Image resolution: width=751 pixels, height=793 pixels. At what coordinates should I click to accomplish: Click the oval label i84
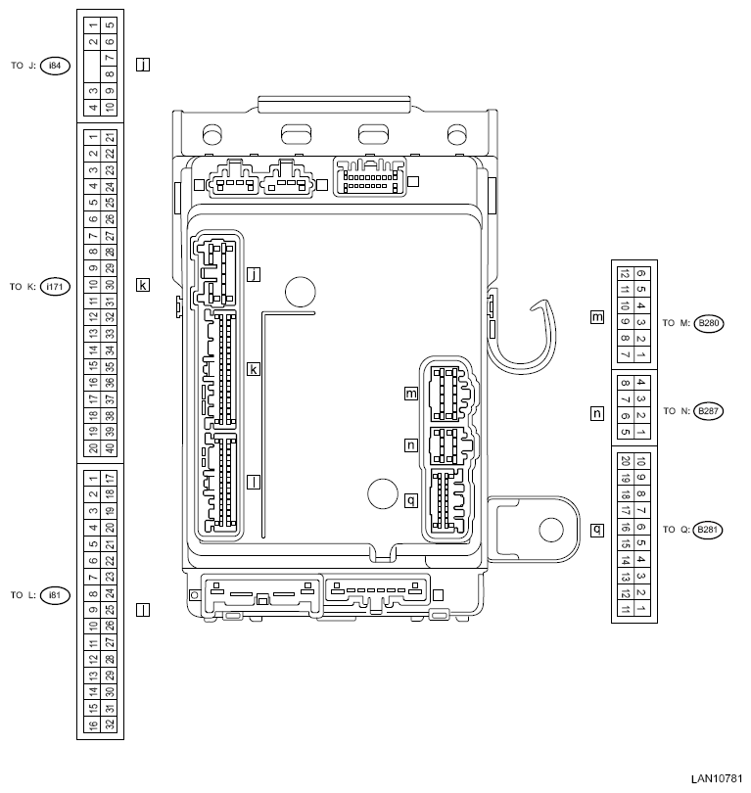[55, 66]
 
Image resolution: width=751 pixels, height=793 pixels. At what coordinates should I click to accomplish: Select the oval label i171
[57, 287]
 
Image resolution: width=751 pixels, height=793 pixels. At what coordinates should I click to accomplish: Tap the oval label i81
[55, 595]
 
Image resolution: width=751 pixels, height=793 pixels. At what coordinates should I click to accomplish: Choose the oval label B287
[707, 412]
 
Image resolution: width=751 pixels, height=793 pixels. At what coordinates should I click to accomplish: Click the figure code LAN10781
[717, 779]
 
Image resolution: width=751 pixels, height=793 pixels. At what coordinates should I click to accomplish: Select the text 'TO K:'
[23, 287]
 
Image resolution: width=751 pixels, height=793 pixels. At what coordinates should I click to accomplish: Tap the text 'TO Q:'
[675, 530]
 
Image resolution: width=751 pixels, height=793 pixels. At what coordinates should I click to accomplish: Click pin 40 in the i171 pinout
[110, 448]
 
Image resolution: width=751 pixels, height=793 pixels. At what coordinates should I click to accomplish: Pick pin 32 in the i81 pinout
[110, 724]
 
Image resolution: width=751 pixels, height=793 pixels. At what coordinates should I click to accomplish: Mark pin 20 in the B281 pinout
[625, 461]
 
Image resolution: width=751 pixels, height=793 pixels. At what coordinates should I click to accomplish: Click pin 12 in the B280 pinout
[625, 275]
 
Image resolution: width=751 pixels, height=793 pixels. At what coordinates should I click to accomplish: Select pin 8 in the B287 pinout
[625, 383]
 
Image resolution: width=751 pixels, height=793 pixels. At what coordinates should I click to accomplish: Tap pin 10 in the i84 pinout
[110, 107]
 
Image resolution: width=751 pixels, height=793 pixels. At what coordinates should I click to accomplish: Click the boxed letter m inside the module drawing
[411, 394]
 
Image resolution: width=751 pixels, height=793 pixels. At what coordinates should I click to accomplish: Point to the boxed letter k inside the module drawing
[254, 369]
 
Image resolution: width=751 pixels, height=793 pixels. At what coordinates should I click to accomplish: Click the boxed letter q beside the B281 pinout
[596, 530]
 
